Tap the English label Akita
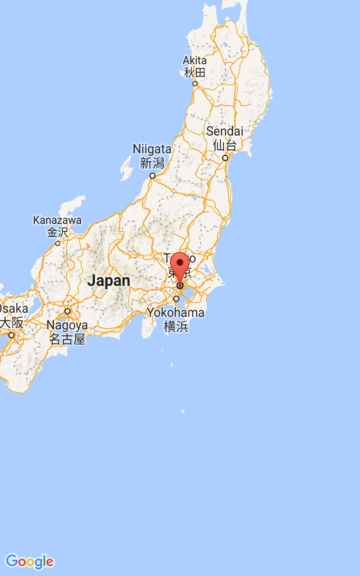(195, 60)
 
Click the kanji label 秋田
(195, 72)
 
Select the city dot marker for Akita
(195, 85)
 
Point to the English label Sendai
(224, 132)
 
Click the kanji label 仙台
(224, 145)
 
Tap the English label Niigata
(152, 149)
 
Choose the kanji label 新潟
(152, 162)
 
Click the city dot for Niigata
(152, 175)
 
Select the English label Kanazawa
(57, 220)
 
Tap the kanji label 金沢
(57, 232)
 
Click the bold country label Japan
(108, 281)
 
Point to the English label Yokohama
(176, 313)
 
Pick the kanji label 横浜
(176, 326)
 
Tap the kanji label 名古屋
(68, 339)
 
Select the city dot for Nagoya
(68, 311)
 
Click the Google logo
(29, 561)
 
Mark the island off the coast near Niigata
(127, 168)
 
